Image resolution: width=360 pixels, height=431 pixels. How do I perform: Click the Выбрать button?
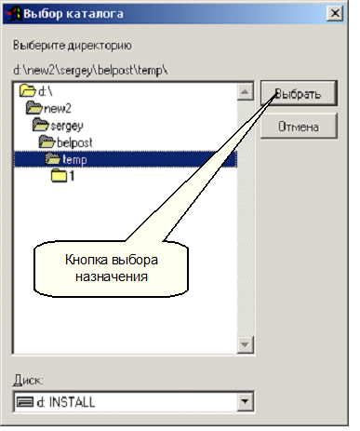pyautogui.click(x=299, y=93)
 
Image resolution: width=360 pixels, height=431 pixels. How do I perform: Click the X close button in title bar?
pyautogui.click(x=335, y=14)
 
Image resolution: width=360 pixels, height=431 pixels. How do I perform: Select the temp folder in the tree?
pyautogui.click(x=74, y=159)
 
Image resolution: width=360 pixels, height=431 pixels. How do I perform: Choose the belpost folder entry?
pyautogui.click(x=65, y=142)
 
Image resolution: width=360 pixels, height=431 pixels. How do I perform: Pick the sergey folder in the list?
pyautogui.click(x=58, y=126)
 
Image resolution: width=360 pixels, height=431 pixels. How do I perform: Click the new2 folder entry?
pyautogui.click(x=48, y=108)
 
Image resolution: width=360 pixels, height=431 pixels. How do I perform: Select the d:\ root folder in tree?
pyautogui.click(x=36, y=91)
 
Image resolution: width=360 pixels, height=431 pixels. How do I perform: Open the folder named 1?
pyautogui.click(x=62, y=176)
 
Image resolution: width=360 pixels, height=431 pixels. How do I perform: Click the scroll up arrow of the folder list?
pyautogui.click(x=245, y=92)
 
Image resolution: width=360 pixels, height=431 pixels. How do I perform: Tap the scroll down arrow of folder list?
pyautogui.click(x=245, y=344)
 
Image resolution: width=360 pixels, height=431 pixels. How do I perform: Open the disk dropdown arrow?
pyautogui.click(x=245, y=401)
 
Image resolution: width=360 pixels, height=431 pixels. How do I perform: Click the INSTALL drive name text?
pyautogui.click(x=72, y=402)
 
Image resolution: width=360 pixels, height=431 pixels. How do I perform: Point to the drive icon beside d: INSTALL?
pyautogui.click(x=24, y=402)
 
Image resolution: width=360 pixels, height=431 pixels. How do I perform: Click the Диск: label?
pyautogui.click(x=28, y=380)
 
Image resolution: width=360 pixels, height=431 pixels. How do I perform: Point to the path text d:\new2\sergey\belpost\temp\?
pyautogui.click(x=90, y=71)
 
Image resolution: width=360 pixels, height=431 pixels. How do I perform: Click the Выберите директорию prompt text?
pyautogui.click(x=73, y=46)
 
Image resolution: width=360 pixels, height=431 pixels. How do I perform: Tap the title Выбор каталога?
pyautogui.click(x=73, y=14)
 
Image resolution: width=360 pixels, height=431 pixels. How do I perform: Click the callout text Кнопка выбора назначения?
pyautogui.click(x=112, y=268)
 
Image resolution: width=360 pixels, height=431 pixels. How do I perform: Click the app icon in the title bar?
pyautogui.click(x=14, y=14)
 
